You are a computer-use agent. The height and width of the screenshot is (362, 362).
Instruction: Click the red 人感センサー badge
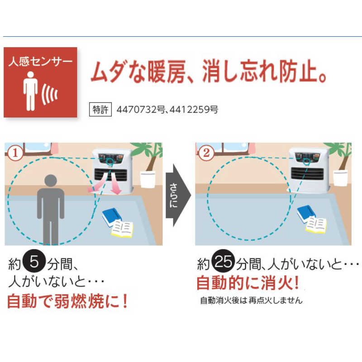(x=40, y=82)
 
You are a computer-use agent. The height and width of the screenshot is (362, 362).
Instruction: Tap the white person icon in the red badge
(x=31, y=90)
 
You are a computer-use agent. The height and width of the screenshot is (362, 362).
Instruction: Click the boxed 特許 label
(x=100, y=110)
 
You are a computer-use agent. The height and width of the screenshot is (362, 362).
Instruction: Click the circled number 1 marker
(x=15, y=152)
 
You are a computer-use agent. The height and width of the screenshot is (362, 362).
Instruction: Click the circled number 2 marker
(x=206, y=152)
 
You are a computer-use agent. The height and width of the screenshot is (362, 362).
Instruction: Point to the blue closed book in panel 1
(x=112, y=216)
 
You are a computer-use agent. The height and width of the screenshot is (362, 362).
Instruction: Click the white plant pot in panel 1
(x=148, y=179)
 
